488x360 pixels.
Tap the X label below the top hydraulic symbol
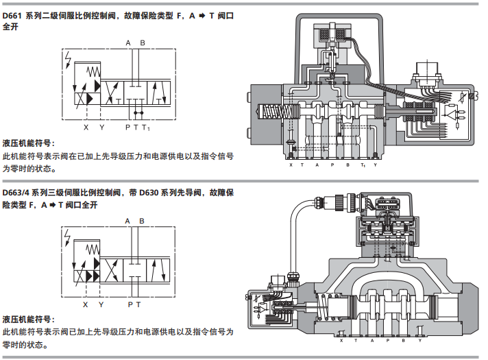[x=86, y=127]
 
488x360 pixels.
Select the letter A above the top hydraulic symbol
[x=128, y=43]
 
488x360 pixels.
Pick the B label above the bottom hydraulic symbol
[x=141, y=221]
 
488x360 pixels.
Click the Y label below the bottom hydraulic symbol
[x=102, y=304]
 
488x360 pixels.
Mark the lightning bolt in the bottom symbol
[x=68, y=237]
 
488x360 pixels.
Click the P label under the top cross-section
[x=332, y=165]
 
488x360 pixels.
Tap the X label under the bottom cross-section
[x=341, y=340]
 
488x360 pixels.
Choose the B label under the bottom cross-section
[x=402, y=340]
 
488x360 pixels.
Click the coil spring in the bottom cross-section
[x=321, y=306]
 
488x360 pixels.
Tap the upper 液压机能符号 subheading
[x=28, y=143]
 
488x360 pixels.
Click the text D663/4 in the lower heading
[x=19, y=193]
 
